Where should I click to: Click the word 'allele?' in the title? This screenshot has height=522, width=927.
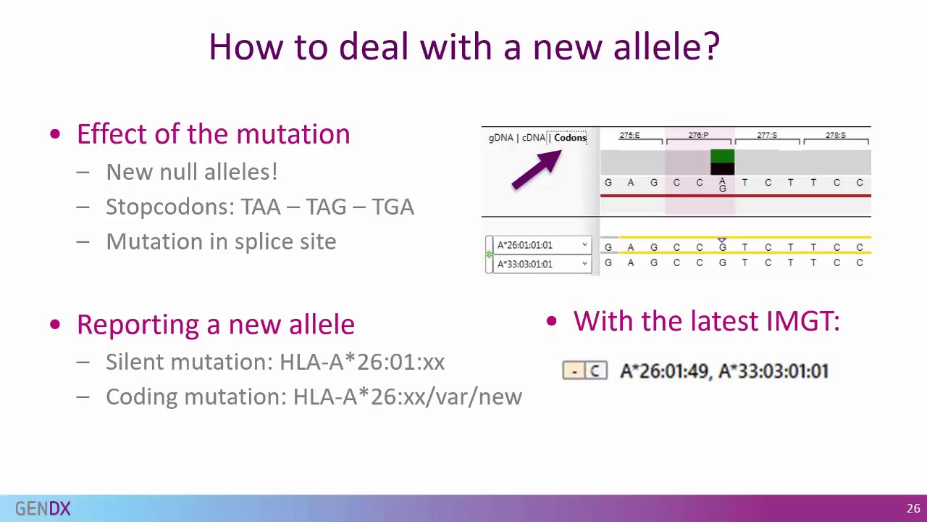click(x=666, y=46)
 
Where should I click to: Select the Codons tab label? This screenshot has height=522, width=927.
click(x=570, y=138)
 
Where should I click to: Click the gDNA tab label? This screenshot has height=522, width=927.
click(x=500, y=138)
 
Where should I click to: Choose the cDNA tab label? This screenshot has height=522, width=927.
click(x=534, y=138)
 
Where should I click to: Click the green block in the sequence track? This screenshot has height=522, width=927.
click(x=722, y=157)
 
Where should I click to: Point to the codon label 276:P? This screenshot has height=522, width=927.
click(x=698, y=136)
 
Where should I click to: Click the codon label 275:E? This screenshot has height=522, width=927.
click(x=629, y=136)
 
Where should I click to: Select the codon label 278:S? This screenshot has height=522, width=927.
click(x=835, y=136)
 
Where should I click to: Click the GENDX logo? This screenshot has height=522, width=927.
click(x=43, y=509)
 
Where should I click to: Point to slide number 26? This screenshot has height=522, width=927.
click(x=913, y=508)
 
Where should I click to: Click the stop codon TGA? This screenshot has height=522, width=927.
click(x=393, y=207)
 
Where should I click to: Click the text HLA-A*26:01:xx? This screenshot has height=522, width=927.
click(x=361, y=362)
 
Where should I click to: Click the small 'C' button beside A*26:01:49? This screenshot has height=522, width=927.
click(x=595, y=371)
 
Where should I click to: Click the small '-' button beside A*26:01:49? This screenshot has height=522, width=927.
click(x=574, y=371)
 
